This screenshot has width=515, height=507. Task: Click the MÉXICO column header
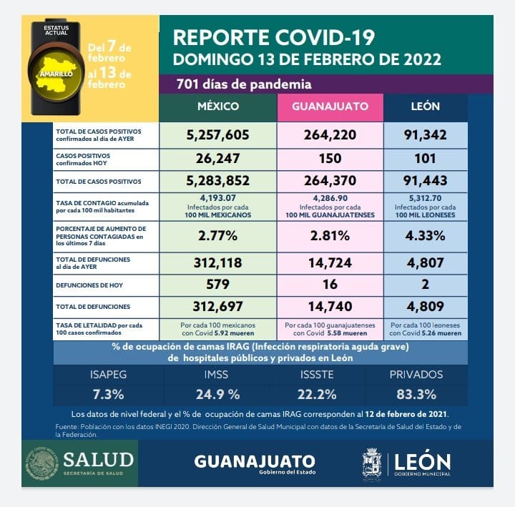[x=217, y=107]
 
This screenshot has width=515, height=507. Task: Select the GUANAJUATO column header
[x=330, y=107]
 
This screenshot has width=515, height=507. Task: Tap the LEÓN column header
[x=426, y=107]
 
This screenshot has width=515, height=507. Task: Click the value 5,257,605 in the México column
[x=217, y=134]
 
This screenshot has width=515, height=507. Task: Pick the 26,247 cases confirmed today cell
[x=217, y=159]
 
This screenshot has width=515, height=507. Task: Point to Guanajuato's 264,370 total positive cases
[x=330, y=182]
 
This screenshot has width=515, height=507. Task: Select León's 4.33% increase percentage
[x=426, y=234]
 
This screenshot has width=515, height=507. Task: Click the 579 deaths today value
[x=217, y=285]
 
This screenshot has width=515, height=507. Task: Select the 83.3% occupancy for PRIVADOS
[x=417, y=394]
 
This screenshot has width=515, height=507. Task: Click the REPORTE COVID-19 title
[x=274, y=36]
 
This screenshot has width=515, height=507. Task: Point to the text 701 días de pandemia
[x=244, y=84]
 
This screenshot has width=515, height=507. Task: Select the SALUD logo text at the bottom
[x=98, y=458]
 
